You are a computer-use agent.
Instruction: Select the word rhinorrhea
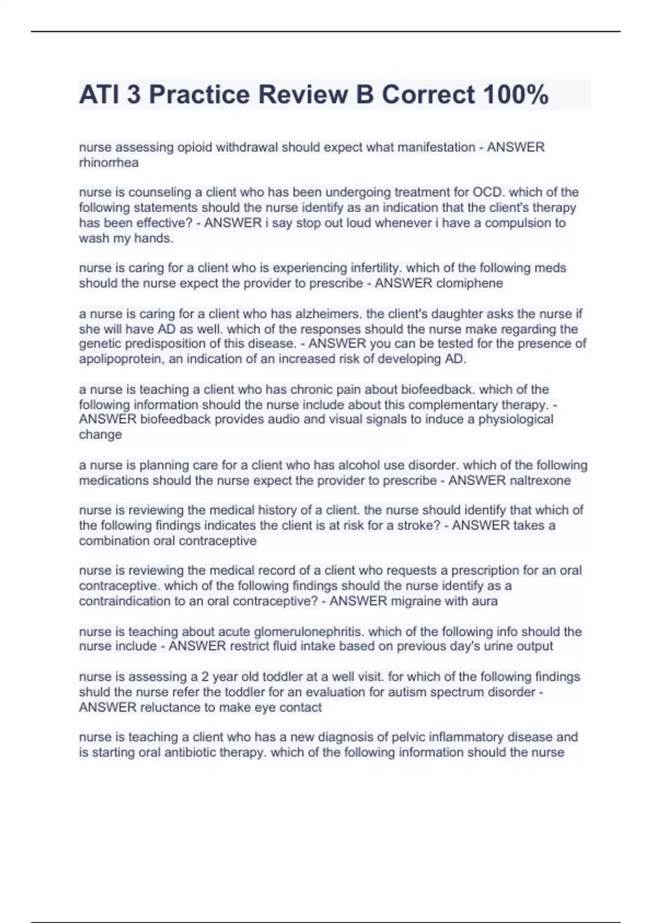coord(109,162)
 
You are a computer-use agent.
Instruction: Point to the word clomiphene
coord(469,283)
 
